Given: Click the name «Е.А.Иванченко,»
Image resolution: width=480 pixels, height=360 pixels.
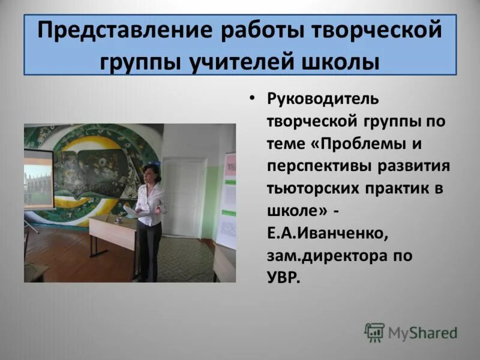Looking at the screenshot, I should (x=326, y=233).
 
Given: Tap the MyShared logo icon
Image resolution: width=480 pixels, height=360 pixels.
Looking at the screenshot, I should (x=374, y=332).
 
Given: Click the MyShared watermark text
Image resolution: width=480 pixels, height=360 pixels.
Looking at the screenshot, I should (x=422, y=332).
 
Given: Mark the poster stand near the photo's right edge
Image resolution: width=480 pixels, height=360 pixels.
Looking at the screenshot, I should (x=227, y=201).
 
